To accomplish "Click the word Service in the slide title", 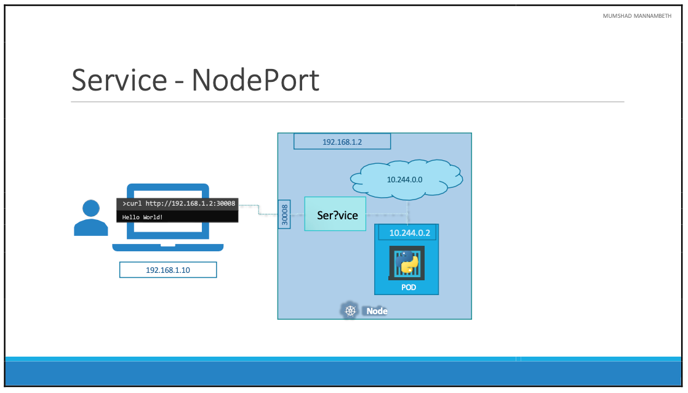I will point(119,80).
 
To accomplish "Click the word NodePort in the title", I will point(255,80).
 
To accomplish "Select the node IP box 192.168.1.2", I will point(342,142).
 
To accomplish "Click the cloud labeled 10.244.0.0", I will point(407,179).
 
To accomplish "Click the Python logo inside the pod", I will point(406,263).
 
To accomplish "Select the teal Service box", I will point(335,214).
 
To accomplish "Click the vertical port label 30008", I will point(284,214).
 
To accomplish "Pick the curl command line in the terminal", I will point(178,204).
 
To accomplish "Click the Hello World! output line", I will point(143,217).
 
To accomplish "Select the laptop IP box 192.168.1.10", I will point(168,270).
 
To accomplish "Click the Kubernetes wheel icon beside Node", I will point(351,310).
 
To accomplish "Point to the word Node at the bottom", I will point(377,311).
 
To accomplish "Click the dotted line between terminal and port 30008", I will point(258,210).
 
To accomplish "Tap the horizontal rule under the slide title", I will point(348,102).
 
